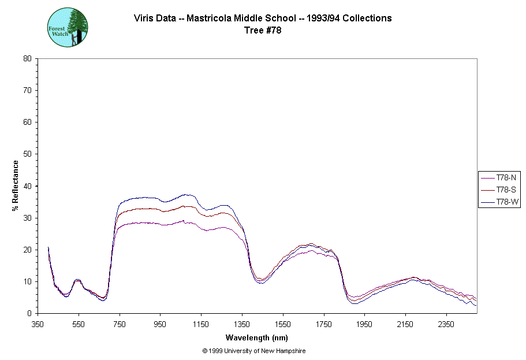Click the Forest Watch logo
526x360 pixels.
tap(68, 28)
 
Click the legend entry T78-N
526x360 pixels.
tap(500, 177)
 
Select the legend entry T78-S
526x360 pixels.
tap(500, 190)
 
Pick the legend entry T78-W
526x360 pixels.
tap(500, 202)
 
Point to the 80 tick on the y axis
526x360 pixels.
tap(27, 58)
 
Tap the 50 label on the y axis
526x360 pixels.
tap(27, 154)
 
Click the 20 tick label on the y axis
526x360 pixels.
tap(27, 250)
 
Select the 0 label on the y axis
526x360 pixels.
tap(29, 314)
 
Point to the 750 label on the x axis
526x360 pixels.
tap(120, 324)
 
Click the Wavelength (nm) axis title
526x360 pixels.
tap(256, 338)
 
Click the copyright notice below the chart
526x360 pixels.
tap(254, 351)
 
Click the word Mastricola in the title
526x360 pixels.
tap(210, 18)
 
